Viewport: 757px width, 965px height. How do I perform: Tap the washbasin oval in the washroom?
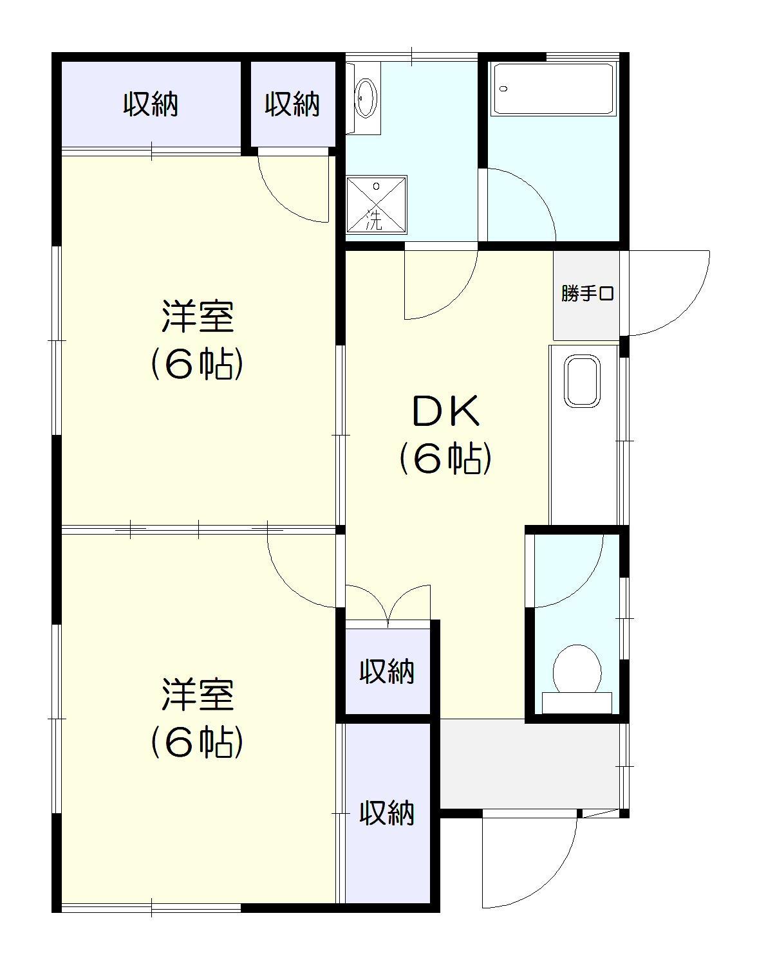pos(366,97)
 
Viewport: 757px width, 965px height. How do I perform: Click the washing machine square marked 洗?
pos(377,204)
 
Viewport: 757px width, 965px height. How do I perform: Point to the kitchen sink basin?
pos(582,381)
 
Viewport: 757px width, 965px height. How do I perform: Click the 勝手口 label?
pos(587,294)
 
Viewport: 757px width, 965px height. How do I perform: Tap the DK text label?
pos(445,412)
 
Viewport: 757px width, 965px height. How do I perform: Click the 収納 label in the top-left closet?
pos(151,104)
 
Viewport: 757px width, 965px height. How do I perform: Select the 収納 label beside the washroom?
pos(292,104)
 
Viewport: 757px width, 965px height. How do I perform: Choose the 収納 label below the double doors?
pos(386,672)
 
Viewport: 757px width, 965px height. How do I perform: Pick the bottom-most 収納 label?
pos(386,813)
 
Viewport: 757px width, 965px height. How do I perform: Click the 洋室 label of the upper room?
pos(196,317)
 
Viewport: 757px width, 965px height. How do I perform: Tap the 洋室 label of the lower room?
pos(196,695)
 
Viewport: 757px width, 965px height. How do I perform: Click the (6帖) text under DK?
pos(445,459)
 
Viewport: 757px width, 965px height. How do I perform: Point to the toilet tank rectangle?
pos(577,703)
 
